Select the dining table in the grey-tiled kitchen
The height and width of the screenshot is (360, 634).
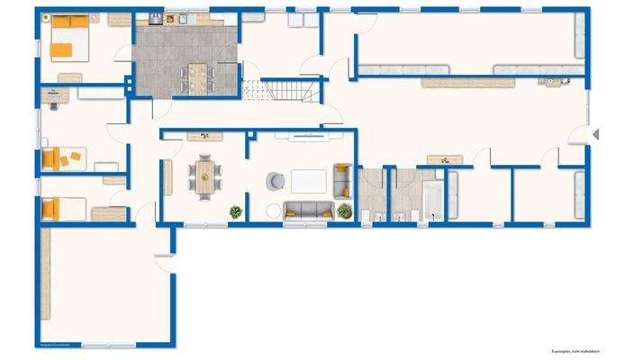coord(196,77)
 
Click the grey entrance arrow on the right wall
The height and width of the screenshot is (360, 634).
coord(594,133)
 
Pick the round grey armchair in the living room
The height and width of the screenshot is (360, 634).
coord(274,181)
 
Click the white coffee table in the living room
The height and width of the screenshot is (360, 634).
coord(308,181)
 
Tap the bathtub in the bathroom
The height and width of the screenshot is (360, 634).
coord(434,200)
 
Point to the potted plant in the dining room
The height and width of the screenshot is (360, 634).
coord(236,211)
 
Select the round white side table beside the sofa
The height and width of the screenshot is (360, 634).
coord(274,212)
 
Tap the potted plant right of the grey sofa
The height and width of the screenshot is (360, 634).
coord(345,210)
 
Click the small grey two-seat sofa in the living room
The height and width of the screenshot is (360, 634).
coord(342,179)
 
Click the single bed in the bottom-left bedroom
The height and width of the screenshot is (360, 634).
coord(65,209)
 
